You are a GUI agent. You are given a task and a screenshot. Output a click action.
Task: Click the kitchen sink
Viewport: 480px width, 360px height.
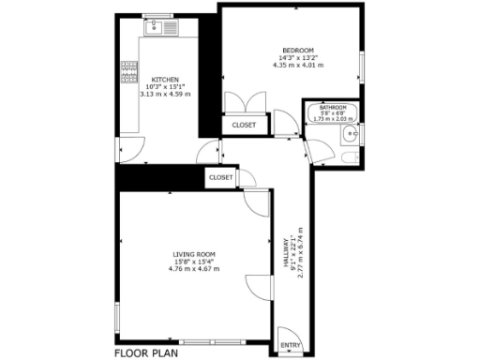161,28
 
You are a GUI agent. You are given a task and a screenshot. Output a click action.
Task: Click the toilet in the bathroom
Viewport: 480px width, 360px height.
348,156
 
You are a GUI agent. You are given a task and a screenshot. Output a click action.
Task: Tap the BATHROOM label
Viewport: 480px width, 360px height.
332,108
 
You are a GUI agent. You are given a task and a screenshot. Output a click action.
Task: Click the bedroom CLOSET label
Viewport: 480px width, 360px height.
244,125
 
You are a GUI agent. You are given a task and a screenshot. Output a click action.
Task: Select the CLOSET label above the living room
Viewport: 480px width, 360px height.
221,177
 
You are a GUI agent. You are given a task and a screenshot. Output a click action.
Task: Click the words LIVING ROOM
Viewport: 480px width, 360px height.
194,254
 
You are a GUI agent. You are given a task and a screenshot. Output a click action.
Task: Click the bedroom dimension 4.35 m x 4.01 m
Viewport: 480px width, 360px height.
297,66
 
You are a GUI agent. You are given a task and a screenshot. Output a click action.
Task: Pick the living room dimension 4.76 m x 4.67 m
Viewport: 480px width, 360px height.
194,269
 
